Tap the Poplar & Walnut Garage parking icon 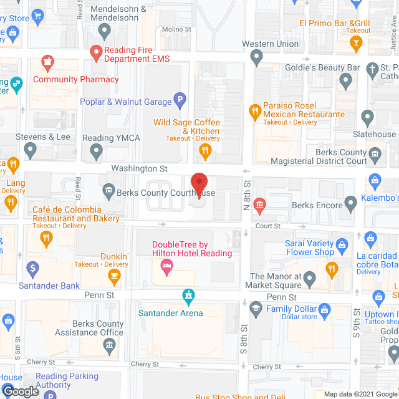click(x=180, y=100)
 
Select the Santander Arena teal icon click(x=188, y=294)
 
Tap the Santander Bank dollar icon click(x=34, y=269)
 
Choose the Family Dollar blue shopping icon click(x=324, y=309)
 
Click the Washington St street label click(x=140, y=168)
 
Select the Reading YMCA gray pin click(x=96, y=150)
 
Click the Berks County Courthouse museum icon click(x=108, y=190)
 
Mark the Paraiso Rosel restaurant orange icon click(x=254, y=112)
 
